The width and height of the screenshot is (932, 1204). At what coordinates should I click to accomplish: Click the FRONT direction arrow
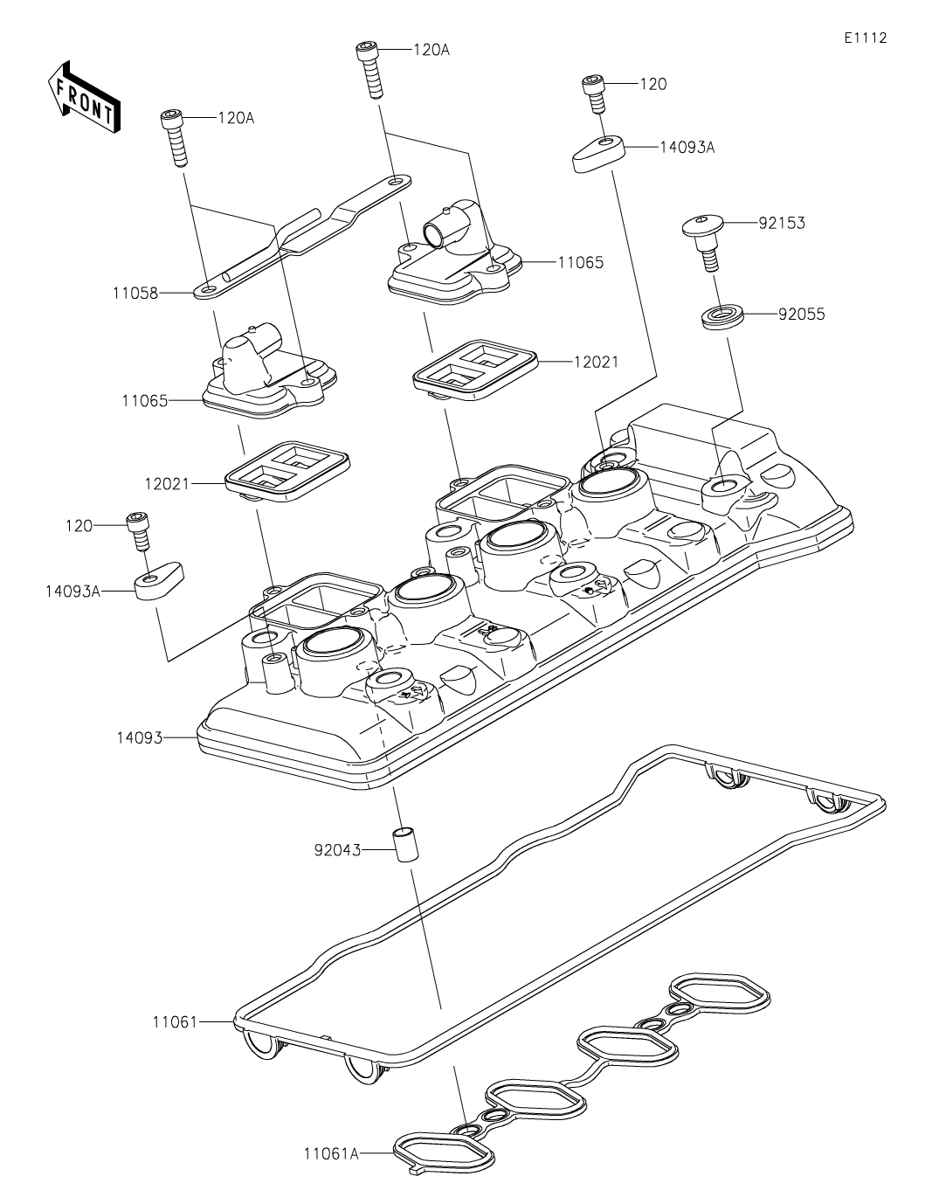click(84, 96)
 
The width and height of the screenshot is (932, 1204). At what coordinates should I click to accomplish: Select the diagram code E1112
click(866, 38)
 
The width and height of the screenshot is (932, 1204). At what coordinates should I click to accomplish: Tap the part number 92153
click(782, 223)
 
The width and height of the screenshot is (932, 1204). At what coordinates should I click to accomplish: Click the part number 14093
click(140, 738)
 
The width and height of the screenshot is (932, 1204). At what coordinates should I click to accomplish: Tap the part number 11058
click(135, 293)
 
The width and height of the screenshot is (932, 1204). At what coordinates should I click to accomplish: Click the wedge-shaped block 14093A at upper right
click(598, 154)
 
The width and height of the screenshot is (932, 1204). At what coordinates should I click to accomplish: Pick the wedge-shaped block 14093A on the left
click(160, 582)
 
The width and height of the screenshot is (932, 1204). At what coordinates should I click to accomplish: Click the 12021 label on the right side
click(596, 362)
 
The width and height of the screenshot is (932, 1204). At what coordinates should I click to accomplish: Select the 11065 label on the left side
click(144, 400)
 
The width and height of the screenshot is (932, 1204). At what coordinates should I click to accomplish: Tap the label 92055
click(801, 315)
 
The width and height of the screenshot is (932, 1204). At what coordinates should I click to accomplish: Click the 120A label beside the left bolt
click(236, 118)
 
